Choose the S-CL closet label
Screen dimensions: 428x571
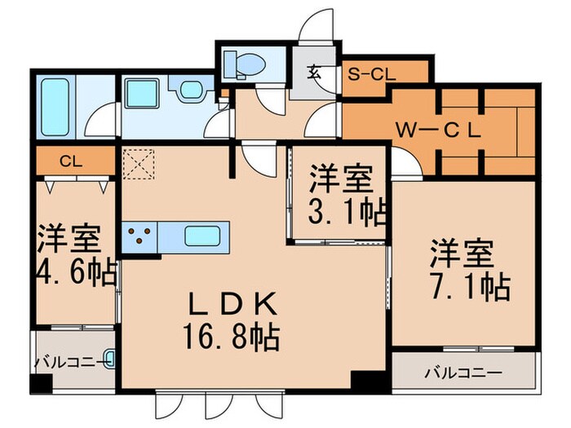coord(371,73)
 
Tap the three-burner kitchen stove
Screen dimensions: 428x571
coord(139,236)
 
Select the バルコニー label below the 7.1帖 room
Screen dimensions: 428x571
coord(463,373)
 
